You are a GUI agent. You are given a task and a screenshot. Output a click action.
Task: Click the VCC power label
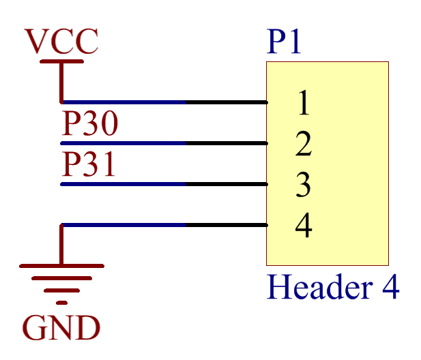click(61, 41)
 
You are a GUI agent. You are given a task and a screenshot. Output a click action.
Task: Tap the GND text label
click(61, 327)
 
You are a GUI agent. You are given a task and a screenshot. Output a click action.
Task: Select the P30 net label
click(89, 123)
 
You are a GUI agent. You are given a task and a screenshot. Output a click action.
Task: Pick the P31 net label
click(89, 164)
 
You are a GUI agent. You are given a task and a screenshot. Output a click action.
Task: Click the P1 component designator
click(284, 41)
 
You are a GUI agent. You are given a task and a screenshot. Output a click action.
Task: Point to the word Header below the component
click(320, 286)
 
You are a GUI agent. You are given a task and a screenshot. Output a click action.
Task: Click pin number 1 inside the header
click(304, 102)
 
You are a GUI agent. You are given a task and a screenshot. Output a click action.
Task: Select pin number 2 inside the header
click(304, 143)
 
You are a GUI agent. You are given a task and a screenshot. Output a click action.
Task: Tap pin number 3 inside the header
click(304, 184)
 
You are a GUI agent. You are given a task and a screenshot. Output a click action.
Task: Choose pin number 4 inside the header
click(304, 225)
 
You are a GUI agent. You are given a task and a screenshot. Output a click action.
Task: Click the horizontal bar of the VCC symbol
click(62, 61)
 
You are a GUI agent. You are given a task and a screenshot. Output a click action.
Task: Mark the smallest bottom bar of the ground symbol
click(62, 303)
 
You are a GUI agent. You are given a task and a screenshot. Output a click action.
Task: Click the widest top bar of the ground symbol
click(62, 266)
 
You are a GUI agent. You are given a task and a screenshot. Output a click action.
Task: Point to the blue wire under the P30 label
click(124, 143)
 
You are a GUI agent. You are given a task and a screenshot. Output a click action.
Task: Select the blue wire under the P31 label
click(124, 184)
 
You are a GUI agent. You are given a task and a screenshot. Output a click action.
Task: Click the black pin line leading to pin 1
click(227, 102)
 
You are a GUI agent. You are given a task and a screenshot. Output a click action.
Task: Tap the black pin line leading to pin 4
click(227, 225)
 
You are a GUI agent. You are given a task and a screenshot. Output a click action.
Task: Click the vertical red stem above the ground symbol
click(61, 244)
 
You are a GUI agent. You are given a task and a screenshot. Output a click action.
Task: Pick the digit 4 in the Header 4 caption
click(391, 286)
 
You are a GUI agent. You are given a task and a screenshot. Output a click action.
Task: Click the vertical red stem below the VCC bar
click(61, 82)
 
